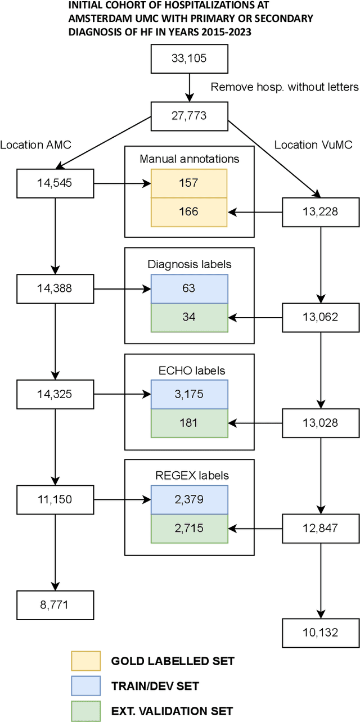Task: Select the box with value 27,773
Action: point(188,116)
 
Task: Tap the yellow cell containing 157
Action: point(189,184)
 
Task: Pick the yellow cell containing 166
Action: point(189,212)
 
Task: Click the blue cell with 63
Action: point(189,289)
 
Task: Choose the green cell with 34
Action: point(189,317)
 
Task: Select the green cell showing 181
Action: point(189,423)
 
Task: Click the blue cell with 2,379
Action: point(189,500)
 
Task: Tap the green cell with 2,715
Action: point(189,529)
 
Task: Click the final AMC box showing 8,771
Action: point(55,605)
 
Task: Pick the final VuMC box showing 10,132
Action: point(320,633)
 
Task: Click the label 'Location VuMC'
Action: point(313,145)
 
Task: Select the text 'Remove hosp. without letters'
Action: point(284,87)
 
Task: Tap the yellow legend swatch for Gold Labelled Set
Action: point(85,661)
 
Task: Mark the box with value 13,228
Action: point(320,212)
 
